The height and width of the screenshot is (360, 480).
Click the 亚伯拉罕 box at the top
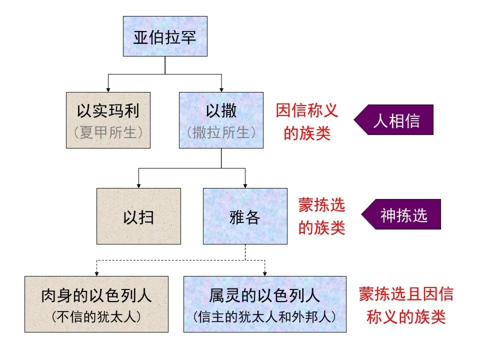pos(165,36)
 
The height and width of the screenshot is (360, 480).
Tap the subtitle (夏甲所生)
pos(108,133)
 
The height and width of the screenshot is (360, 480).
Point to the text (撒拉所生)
pos(221,133)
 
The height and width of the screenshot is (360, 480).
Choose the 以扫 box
pos(138,216)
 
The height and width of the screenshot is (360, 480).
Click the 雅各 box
pos(245,216)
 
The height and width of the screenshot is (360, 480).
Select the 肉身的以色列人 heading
pos(96,296)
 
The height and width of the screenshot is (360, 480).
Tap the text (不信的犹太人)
pos(96,317)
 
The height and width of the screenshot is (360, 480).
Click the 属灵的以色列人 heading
pos(264,296)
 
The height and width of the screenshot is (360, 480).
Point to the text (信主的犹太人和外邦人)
pos(264,317)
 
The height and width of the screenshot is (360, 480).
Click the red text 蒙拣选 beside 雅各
pos(322,205)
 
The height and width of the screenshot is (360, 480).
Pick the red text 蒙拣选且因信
pos(406,294)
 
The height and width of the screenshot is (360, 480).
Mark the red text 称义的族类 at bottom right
pos(406,317)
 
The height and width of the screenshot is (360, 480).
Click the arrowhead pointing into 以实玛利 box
pos(108,89)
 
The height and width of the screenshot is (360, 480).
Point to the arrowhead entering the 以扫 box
pos(138,185)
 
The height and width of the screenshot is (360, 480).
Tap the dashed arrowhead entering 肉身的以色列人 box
pos(96,273)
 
